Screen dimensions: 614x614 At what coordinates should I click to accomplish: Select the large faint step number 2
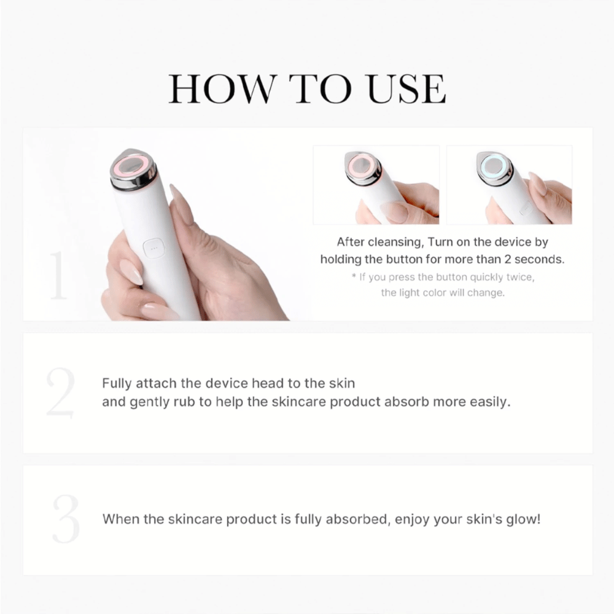[60, 394]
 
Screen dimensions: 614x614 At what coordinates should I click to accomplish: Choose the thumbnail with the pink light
[376, 185]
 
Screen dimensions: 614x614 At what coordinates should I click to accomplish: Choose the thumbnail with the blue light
[509, 185]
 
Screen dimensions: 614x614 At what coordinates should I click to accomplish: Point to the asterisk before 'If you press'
[354, 277]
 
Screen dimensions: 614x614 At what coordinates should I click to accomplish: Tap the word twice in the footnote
[519, 277]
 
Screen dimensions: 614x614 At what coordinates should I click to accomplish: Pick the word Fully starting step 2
[117, 384]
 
